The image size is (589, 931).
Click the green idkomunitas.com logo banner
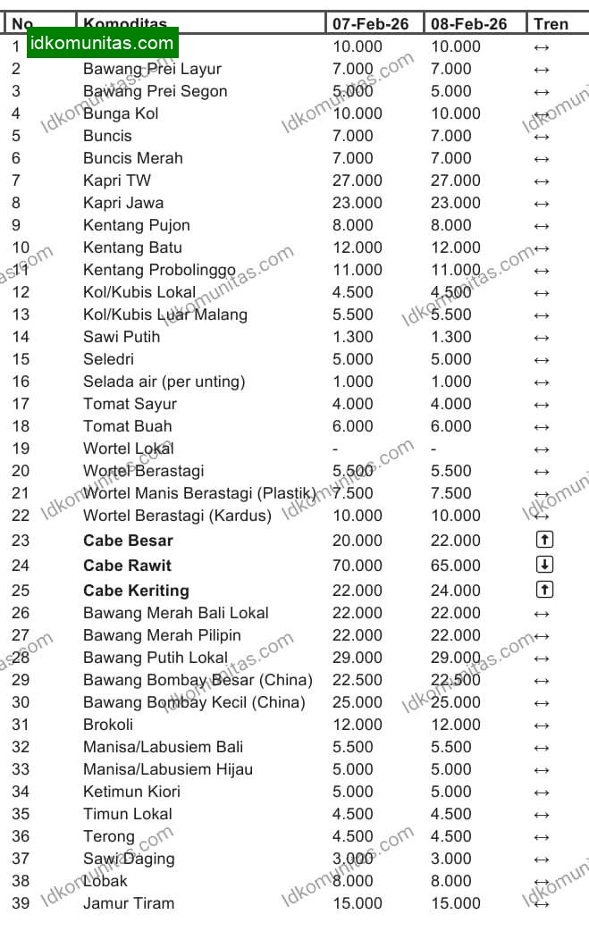[102, 43]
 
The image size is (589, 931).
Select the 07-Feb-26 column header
[370, 23]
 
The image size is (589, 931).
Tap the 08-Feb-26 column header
[468, 23]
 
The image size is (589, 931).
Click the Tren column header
[551, 23]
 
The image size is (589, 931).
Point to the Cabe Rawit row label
[127, 566]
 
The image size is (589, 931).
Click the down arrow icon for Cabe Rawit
[545, 565]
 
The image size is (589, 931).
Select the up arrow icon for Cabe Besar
[545, 540]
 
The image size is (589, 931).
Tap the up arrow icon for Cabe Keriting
[545, 590]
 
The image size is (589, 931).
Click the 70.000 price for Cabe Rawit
[358, 566]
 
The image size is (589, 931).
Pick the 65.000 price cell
[456, 566]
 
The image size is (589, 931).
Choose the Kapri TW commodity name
[117, 180]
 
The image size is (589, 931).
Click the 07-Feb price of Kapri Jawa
[358, 203]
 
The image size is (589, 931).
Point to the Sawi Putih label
[122, 337]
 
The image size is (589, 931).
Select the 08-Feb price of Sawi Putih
[451, 337]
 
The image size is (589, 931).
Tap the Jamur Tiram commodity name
[129, 903]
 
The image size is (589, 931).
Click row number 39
[21, 903]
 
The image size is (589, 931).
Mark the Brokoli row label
[108, 725]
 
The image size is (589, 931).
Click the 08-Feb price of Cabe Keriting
[456, 591]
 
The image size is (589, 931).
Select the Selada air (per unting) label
[164, 382]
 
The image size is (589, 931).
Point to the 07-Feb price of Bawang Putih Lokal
[358, 658]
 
